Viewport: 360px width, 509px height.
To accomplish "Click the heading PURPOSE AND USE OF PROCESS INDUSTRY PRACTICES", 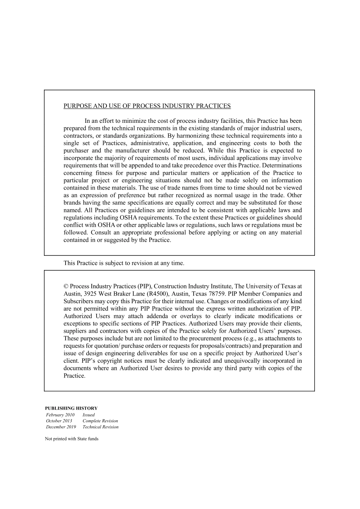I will pos(147,106).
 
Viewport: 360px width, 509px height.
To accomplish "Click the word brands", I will pos(72,203).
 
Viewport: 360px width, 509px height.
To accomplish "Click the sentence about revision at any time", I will pos(124,263).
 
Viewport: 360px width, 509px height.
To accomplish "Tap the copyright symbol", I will pos(66,287).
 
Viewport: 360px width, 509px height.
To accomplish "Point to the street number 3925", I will pos(90,294).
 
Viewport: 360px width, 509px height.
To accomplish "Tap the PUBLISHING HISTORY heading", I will pos(71,408).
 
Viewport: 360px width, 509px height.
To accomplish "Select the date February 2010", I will pos(60,415).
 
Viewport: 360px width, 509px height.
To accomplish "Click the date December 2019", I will pos(61,427).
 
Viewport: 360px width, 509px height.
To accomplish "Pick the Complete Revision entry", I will pos(100,421).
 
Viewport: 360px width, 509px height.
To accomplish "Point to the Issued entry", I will pos(89,415).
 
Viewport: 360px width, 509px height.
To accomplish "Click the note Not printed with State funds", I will pos(72,439).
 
